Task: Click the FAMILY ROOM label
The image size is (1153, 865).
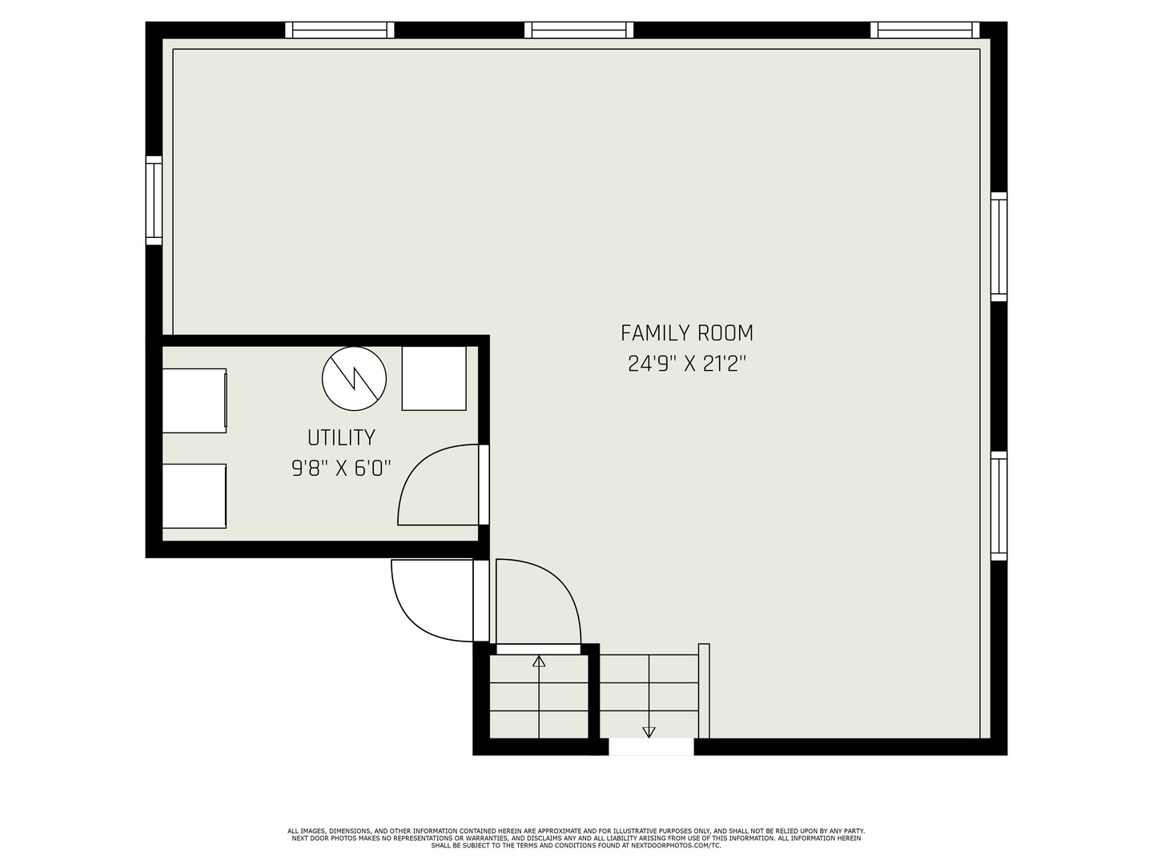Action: (686, 333)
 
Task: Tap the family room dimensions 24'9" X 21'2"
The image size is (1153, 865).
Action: (686, 364)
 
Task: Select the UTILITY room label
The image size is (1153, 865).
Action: (341, 437)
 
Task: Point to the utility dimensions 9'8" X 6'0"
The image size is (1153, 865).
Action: (341, 468)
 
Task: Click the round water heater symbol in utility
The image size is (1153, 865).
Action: (354, 378)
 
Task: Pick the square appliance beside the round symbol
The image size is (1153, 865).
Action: (434, 378)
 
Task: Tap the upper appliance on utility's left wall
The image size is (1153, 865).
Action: (195, 400)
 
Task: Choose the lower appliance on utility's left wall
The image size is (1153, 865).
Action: (195, 496)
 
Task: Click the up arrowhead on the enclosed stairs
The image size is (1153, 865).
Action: (539, 662)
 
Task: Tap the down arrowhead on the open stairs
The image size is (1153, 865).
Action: (649, 732)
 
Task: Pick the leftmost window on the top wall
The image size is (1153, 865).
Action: (339, 30)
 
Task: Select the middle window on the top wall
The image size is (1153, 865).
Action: (579, 30)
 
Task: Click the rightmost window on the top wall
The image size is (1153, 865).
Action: (925, 30)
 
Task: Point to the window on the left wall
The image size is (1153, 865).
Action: (154, 200)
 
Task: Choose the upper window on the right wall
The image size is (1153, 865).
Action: (998, 247)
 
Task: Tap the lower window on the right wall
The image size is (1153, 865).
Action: (998, 506)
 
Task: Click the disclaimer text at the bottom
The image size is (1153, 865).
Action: (576, 839)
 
